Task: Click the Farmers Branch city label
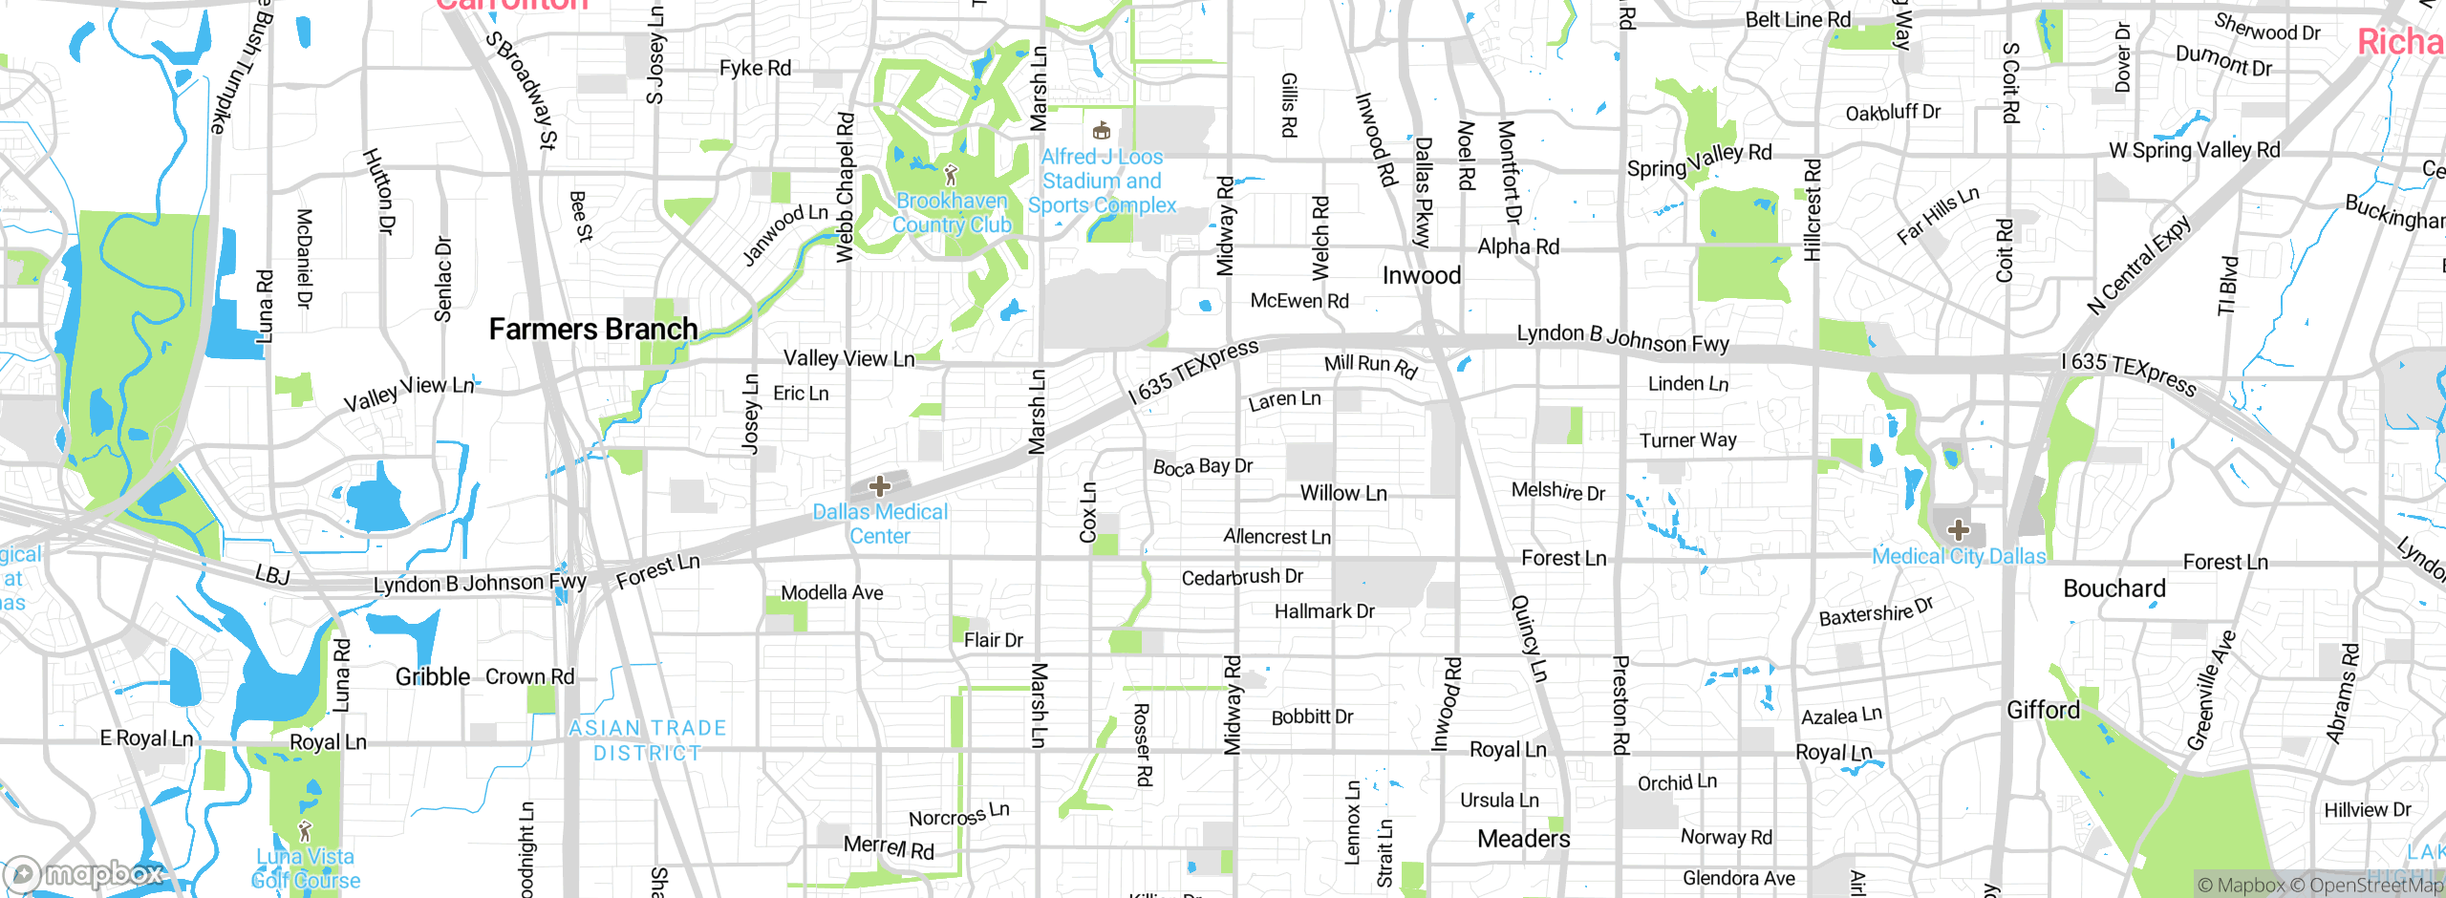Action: click(592, 330)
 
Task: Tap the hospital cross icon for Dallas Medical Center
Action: click(880, 486)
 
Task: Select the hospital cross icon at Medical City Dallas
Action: click(1959, 530)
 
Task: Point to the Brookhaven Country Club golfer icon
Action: click(951, 175)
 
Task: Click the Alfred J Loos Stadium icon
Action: click(1102, 131)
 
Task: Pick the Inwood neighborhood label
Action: click(1422, 276)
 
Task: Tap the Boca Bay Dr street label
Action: click(1203, 467)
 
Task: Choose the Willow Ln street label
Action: click(1343, 494)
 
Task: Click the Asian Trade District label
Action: click(648, 740)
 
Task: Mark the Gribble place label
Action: click(433, 677)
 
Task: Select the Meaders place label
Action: click(1524, 839)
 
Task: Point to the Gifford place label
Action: click(2043, 711)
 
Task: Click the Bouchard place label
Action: click(2114, 588)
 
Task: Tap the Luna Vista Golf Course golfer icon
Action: click(306, 831)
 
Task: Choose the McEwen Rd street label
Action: click(1299, 301)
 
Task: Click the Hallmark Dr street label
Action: click(1324, 611)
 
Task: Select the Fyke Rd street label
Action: click(755, 68)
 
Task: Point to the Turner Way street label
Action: click(1688, 440)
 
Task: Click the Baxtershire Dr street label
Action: click(1877, 612)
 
